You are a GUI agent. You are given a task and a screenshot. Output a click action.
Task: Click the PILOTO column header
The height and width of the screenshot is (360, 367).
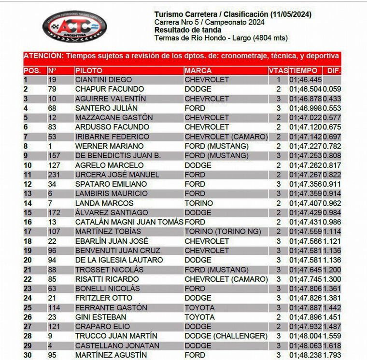(x=89, y=70)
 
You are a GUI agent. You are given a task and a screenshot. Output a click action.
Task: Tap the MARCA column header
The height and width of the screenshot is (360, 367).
(x=198, y=70)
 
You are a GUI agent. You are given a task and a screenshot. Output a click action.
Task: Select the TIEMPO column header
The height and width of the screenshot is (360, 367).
(x=304, y=70)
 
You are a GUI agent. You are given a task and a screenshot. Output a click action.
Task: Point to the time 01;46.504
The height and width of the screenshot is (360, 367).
(x=305, y=89)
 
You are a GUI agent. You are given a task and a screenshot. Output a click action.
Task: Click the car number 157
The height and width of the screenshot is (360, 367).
(x=54, y=156)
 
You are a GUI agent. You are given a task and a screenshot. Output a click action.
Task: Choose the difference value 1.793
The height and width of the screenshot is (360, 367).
(x=332, y=355)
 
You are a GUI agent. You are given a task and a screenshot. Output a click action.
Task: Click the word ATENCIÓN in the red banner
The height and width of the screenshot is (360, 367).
(x=42, y=56)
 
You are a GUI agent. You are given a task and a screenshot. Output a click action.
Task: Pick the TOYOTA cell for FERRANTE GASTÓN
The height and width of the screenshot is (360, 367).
(x=199, y=308)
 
